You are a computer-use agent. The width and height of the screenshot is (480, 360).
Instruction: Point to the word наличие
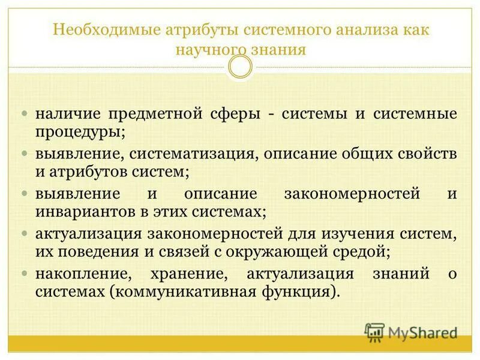66,113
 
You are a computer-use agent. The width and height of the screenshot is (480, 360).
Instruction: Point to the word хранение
195,274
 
